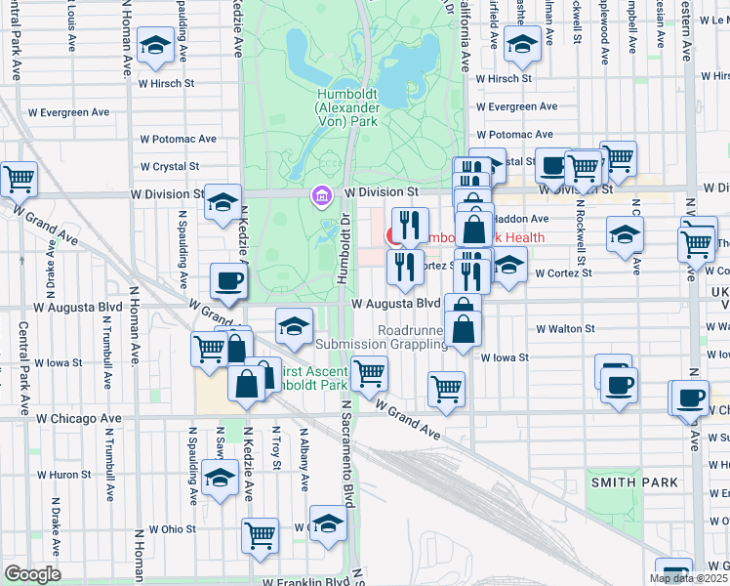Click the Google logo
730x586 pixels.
31,574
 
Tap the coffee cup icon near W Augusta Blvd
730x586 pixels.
229,282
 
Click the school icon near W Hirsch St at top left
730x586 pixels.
154,46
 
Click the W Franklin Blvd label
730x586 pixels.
304,581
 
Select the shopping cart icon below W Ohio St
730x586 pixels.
261,534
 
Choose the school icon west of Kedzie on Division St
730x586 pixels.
223,202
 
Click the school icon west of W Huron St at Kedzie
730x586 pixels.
220,478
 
